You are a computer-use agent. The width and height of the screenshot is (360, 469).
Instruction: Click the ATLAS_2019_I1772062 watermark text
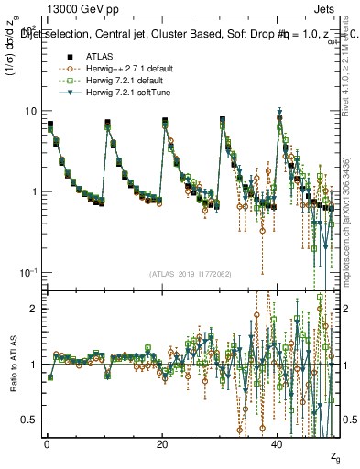191,274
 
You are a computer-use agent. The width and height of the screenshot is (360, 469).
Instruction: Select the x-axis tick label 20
162,443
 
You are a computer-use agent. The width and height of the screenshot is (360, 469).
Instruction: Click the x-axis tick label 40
278,443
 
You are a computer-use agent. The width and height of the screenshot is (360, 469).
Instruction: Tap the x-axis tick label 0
47,443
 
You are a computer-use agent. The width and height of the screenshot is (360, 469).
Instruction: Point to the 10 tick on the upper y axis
30,111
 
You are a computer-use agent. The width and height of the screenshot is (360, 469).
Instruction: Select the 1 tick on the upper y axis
33,191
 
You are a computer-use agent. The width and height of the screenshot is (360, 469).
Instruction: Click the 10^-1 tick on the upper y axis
28,272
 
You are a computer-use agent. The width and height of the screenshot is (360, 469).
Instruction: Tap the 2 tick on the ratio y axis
33,309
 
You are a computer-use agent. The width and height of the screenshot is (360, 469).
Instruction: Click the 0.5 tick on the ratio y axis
29,420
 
